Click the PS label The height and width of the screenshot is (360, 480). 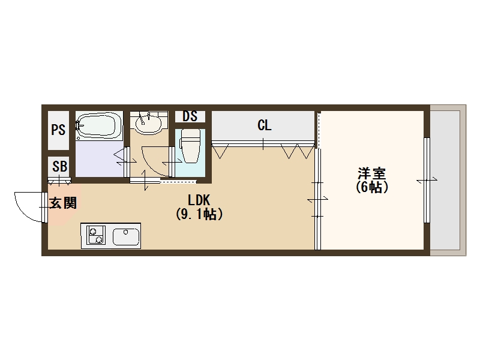click(58, 130)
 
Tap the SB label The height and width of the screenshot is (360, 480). click(59, 167)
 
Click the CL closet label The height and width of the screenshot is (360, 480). click(264, 126)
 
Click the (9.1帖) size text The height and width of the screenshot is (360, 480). click(199, 214)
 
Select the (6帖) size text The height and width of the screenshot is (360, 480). click(372, 187)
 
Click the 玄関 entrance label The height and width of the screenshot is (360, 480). click(62, 203)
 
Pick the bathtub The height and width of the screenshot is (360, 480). click(99, 126)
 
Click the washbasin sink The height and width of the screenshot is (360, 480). click(148, 124)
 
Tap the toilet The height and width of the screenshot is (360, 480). click(191, 146)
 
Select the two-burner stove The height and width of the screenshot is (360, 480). click(95, 235)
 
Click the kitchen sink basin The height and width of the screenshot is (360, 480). click(126, 236)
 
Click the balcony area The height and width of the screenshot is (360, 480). click(448, 180)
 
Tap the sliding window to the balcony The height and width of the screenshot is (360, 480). click(427, 180)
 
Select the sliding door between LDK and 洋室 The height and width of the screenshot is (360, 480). click(317, 198)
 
